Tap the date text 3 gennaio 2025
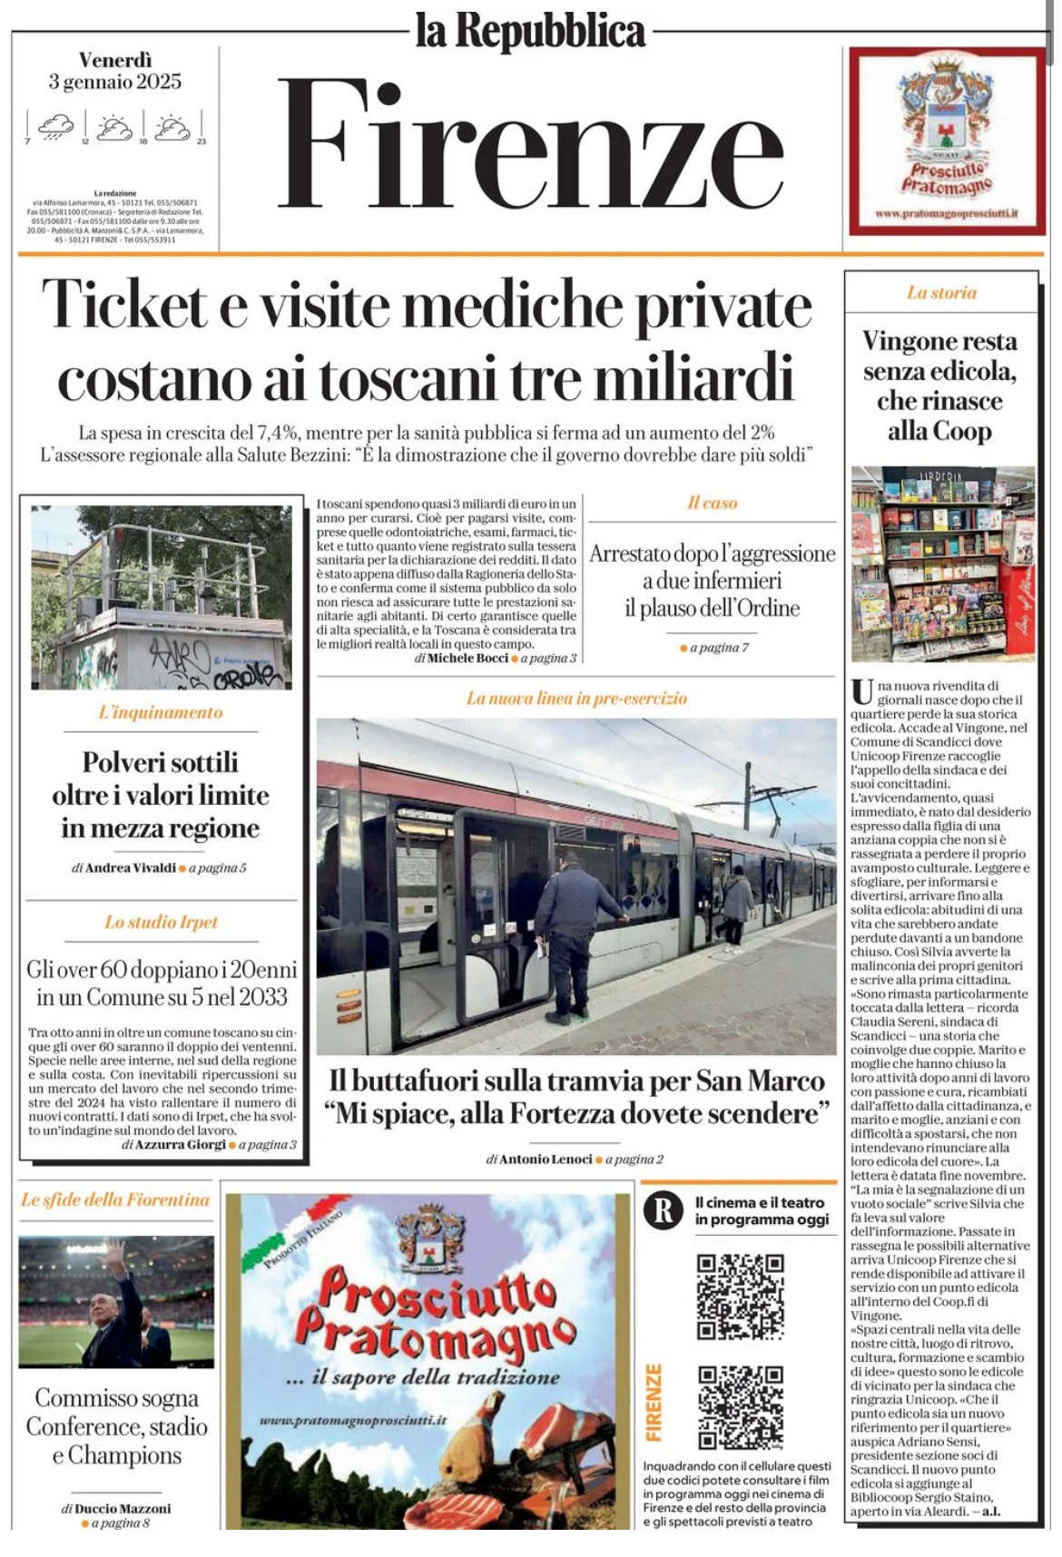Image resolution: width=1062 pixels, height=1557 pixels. [x=115, y=82]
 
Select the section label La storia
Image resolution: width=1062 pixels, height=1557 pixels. [x=941, y=292]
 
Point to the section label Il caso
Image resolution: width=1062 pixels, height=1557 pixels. [x=712, y=503]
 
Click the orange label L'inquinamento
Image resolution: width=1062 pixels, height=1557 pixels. [x=161, y=712]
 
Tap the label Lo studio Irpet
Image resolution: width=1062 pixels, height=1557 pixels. [x=161, y=922]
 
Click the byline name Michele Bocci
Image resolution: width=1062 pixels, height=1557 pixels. [x=467, y=658]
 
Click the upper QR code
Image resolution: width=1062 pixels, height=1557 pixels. [x=740, y=1297]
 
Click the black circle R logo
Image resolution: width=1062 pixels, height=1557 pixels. [x=664, y=1210]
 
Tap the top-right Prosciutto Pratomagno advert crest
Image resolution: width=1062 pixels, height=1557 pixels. [x=946, y=109]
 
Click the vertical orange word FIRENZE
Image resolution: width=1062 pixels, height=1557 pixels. [x=654, y=1402]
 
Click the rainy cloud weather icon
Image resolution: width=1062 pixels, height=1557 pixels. [x=56, y=127]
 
